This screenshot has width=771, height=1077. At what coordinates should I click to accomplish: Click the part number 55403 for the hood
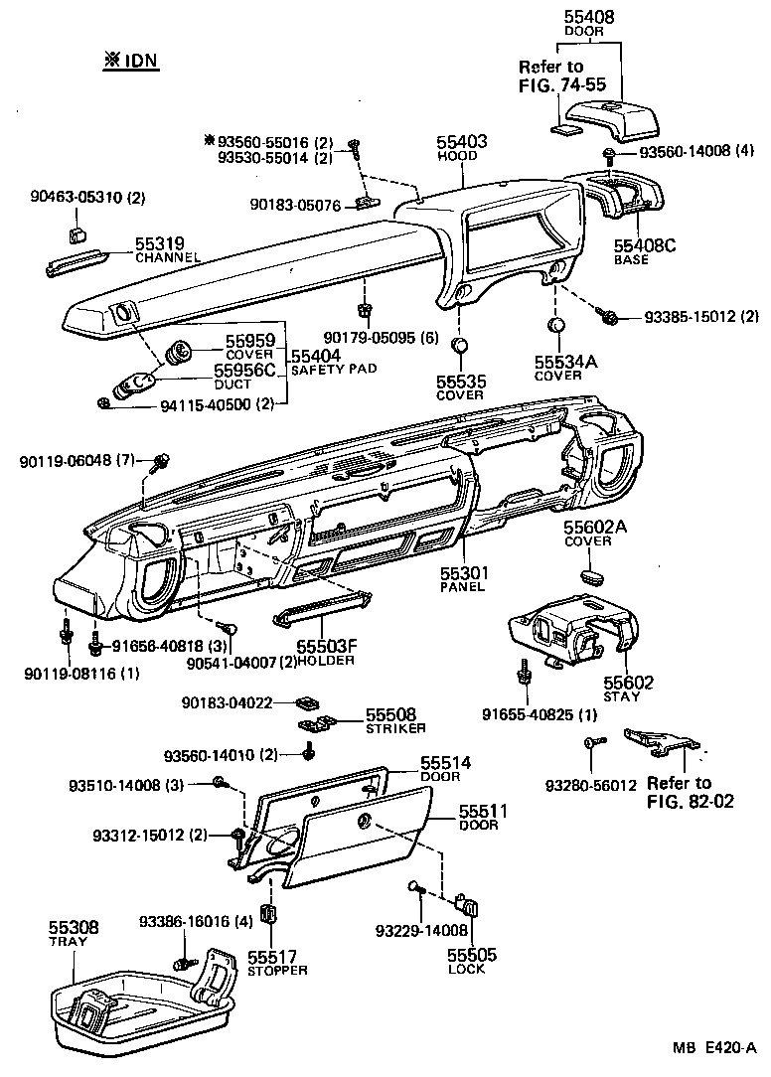(x=462, y=143)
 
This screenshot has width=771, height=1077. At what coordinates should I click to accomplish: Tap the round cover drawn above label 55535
(x=459, y=346)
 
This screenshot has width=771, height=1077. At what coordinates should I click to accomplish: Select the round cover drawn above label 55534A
(x=557, y=326)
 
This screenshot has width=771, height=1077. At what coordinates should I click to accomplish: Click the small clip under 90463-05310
(x=77, y=234)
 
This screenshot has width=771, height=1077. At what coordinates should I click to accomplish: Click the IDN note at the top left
(x=131, y=60)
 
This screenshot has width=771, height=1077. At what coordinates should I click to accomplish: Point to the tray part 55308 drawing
(x=139, y=1003)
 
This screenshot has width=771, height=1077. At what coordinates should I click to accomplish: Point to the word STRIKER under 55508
(x=366, y=728)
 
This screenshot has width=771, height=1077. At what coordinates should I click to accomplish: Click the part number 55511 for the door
(x=483, y=812)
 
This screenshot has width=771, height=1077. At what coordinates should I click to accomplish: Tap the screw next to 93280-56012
(x=591, y=742)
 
